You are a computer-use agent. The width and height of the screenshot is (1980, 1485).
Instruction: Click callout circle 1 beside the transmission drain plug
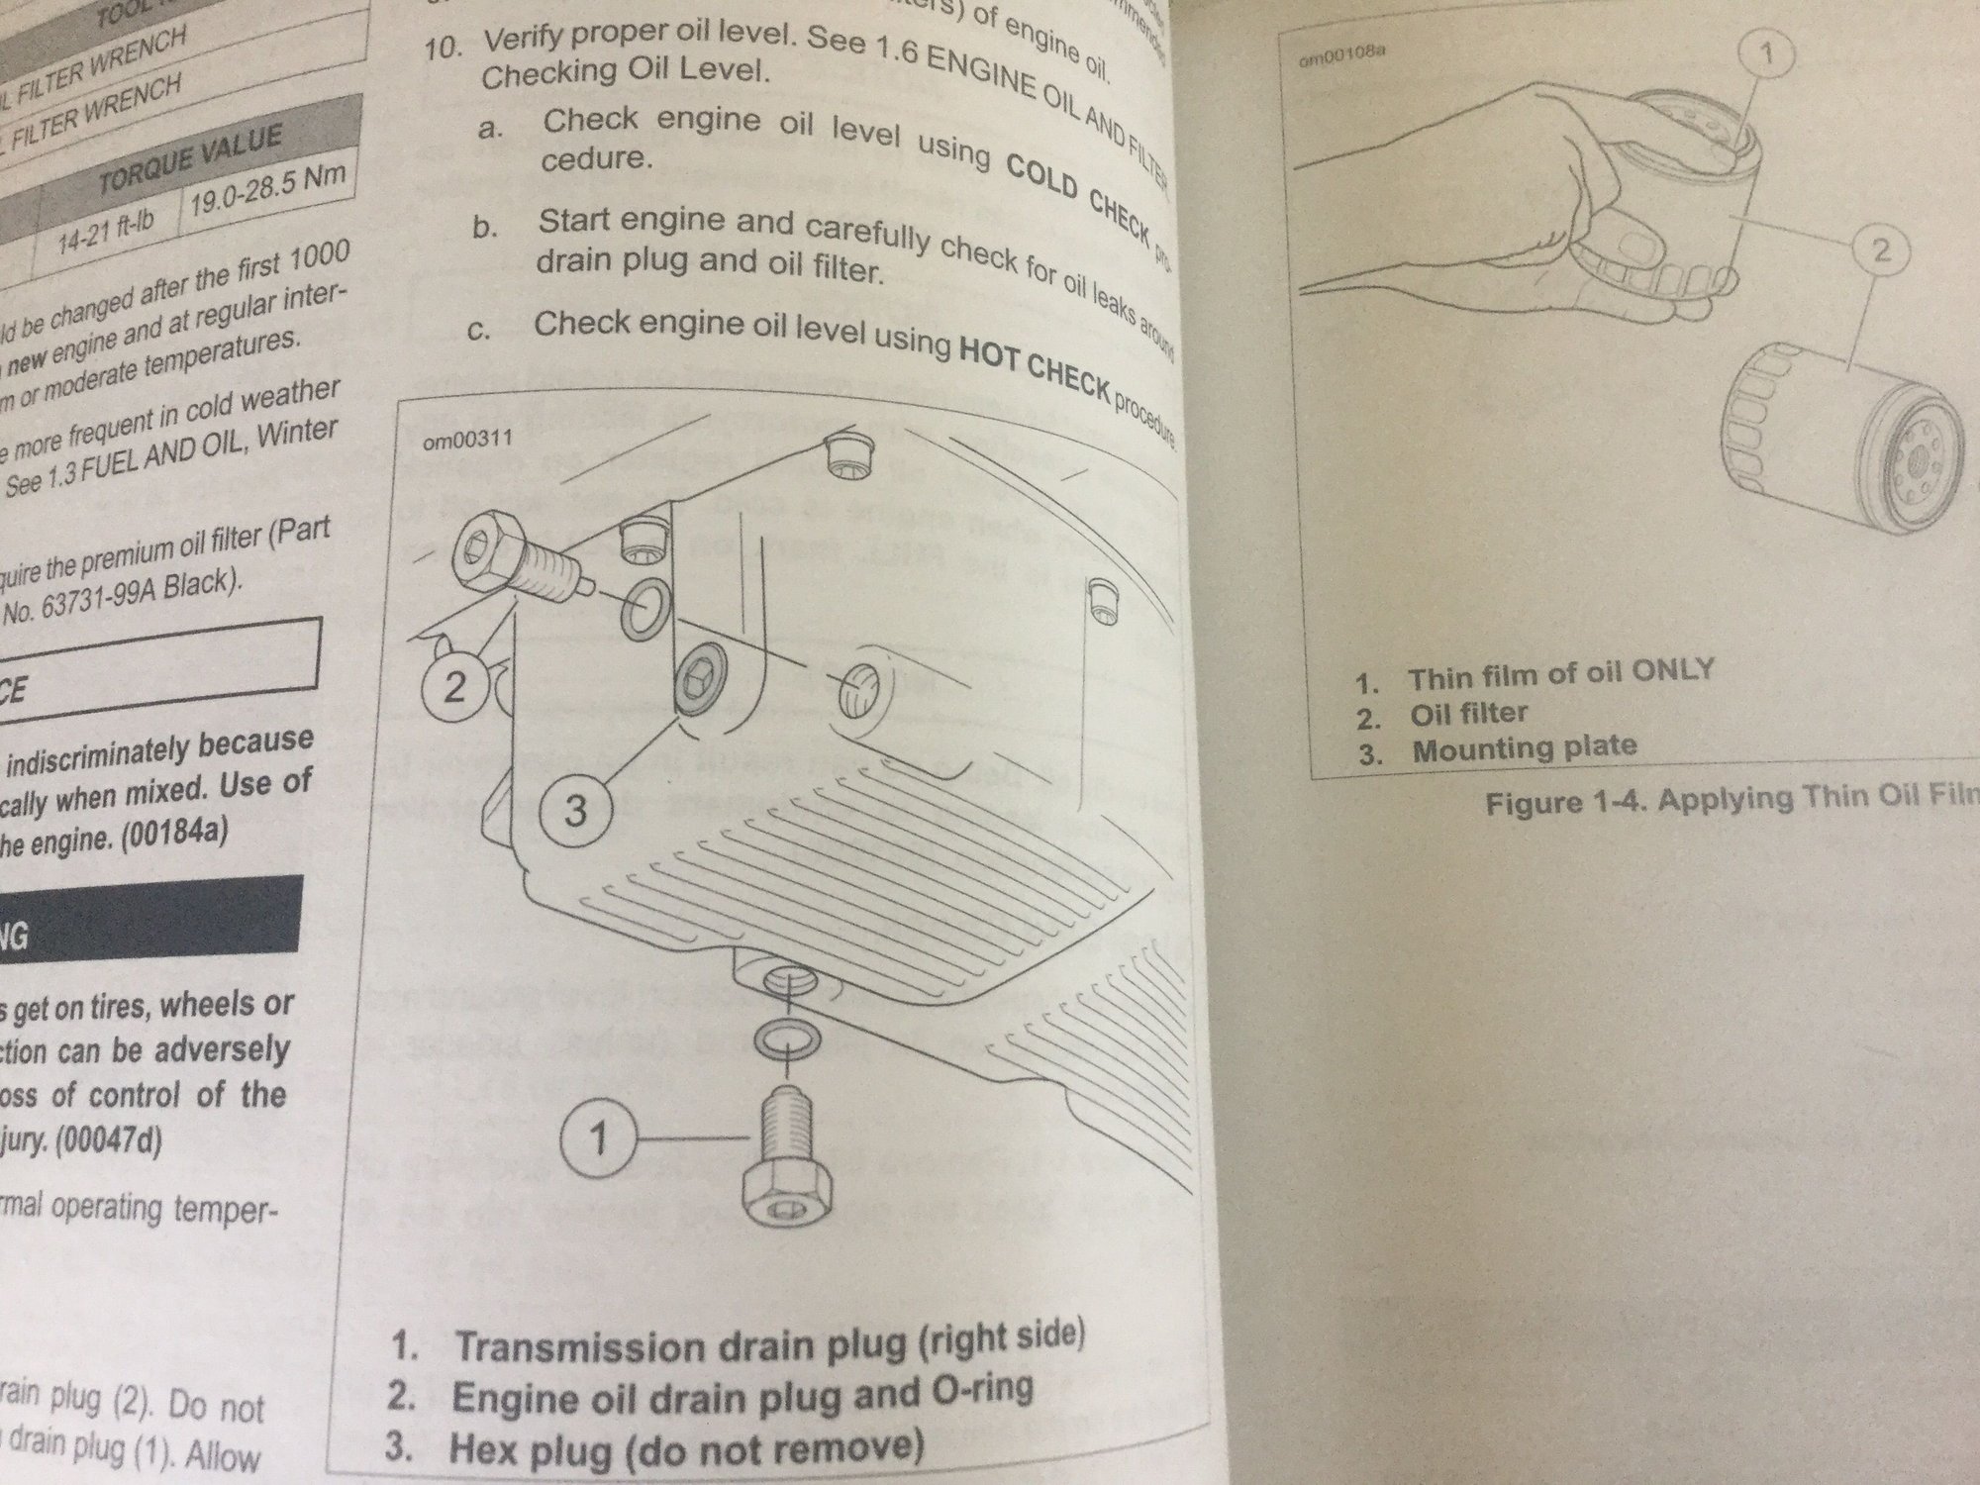tap(598, 1138)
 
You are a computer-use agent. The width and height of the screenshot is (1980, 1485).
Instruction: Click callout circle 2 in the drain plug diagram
tap(454, 685)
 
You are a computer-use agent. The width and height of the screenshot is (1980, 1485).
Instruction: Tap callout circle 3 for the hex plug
tap(575, 812)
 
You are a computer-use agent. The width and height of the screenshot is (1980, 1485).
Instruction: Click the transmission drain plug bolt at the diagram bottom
tap(786, 1173)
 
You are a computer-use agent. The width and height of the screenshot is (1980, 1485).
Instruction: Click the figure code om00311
tap(467, 440)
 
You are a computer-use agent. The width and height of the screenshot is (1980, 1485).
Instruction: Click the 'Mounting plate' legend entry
tap(1523, 748)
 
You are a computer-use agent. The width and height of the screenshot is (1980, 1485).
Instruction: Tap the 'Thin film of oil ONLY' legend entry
tap(1558, 675)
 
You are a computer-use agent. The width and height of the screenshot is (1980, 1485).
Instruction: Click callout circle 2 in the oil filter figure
tap(1879, 249)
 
